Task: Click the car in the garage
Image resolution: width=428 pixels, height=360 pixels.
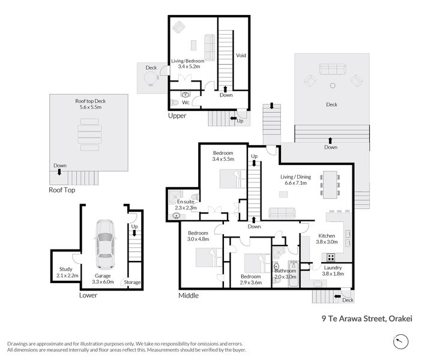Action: (104, 244)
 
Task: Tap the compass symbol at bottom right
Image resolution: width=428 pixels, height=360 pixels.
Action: (401, 341)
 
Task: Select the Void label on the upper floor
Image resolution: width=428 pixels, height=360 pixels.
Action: (241, 55)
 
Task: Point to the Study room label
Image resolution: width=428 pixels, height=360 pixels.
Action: (66, 269)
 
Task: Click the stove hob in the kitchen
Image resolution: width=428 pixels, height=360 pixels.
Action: (331, 257)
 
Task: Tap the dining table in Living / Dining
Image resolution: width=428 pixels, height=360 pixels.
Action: (330, 185)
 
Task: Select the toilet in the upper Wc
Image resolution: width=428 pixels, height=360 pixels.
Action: (175, 103)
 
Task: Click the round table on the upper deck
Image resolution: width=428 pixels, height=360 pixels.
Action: (151, 79)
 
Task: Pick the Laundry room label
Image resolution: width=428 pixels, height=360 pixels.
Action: (333, 268)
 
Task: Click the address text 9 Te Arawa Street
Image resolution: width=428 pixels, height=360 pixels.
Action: (354, 319)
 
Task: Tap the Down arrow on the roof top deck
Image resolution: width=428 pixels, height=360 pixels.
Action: (59, 172)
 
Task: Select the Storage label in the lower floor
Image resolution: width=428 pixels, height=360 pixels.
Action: (132, 282)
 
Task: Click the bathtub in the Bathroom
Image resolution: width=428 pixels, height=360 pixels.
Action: (294, 274)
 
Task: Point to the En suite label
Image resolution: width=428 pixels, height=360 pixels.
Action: (185, 202)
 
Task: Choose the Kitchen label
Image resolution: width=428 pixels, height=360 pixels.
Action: (327, 236)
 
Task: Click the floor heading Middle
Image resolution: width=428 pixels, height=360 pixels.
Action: (188, 295)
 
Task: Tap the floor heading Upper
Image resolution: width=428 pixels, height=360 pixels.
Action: (177, 116)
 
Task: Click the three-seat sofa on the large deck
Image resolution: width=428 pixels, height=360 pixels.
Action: (333, 69)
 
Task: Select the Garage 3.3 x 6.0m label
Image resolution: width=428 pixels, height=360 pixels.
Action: (103, 278)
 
